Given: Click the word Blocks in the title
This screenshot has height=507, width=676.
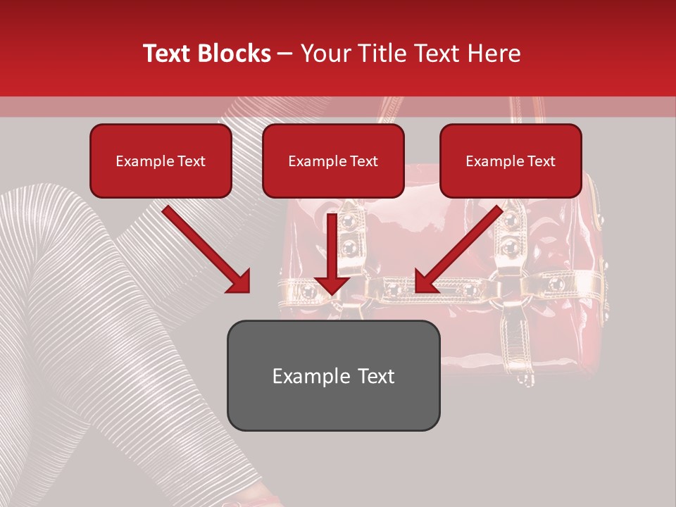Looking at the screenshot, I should coord(233,54).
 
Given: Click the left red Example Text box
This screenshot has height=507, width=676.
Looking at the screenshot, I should coord(161,161).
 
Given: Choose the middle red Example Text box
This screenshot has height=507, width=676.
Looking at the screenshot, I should coord(333,161).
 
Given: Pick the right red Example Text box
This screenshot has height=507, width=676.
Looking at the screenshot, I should coord(511,161).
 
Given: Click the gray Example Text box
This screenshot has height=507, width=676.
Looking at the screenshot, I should coord(333,375).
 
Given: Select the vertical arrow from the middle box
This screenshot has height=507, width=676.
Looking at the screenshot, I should coord(332,254).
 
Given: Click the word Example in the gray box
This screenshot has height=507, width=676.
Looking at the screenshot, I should coord(308,376).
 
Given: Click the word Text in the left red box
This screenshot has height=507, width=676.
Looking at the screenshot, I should coord(192,161).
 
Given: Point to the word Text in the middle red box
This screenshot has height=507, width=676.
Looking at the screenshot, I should coord(364,161).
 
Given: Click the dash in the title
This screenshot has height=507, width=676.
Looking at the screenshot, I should coord(286,54).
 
